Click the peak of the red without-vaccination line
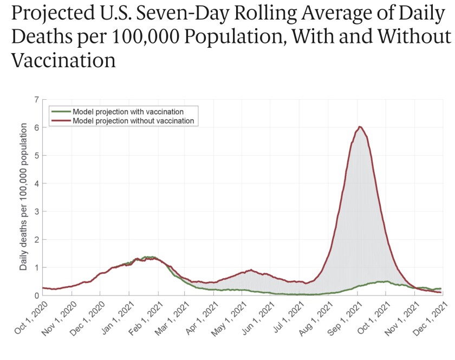360,127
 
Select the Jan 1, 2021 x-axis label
116,316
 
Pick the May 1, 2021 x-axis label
231,316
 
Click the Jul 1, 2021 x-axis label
288,316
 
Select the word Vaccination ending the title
63,59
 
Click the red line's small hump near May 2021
251,270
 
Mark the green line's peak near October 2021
386,281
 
